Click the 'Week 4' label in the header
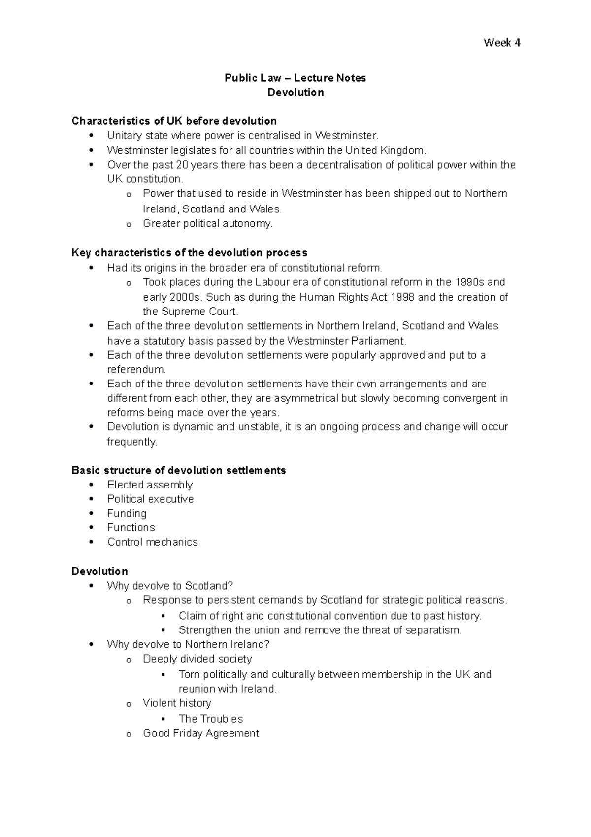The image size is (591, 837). [x=502, y=43]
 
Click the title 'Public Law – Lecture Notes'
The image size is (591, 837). [x=295, y=78]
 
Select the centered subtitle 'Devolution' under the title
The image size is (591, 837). [x=295, y=92]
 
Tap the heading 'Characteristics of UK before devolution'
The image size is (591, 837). [x=174, y=121]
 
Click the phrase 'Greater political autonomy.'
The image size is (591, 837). [x=207, y=223]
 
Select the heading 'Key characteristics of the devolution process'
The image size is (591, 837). [x=189, y=253]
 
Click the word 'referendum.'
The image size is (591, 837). [x=136, y=369]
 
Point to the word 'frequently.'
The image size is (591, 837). [x=132, y=442]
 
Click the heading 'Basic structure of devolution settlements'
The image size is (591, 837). [x=178, y=470]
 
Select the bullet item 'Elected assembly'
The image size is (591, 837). [x=150, y=485]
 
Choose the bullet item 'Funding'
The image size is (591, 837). [x=127, y=513]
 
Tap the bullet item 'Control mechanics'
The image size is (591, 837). [x=152, y=542]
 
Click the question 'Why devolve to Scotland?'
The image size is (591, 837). [x=169, y=586]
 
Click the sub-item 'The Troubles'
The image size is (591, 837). [x=211, y=719]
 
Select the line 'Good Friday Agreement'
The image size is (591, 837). [x=200, y=733]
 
